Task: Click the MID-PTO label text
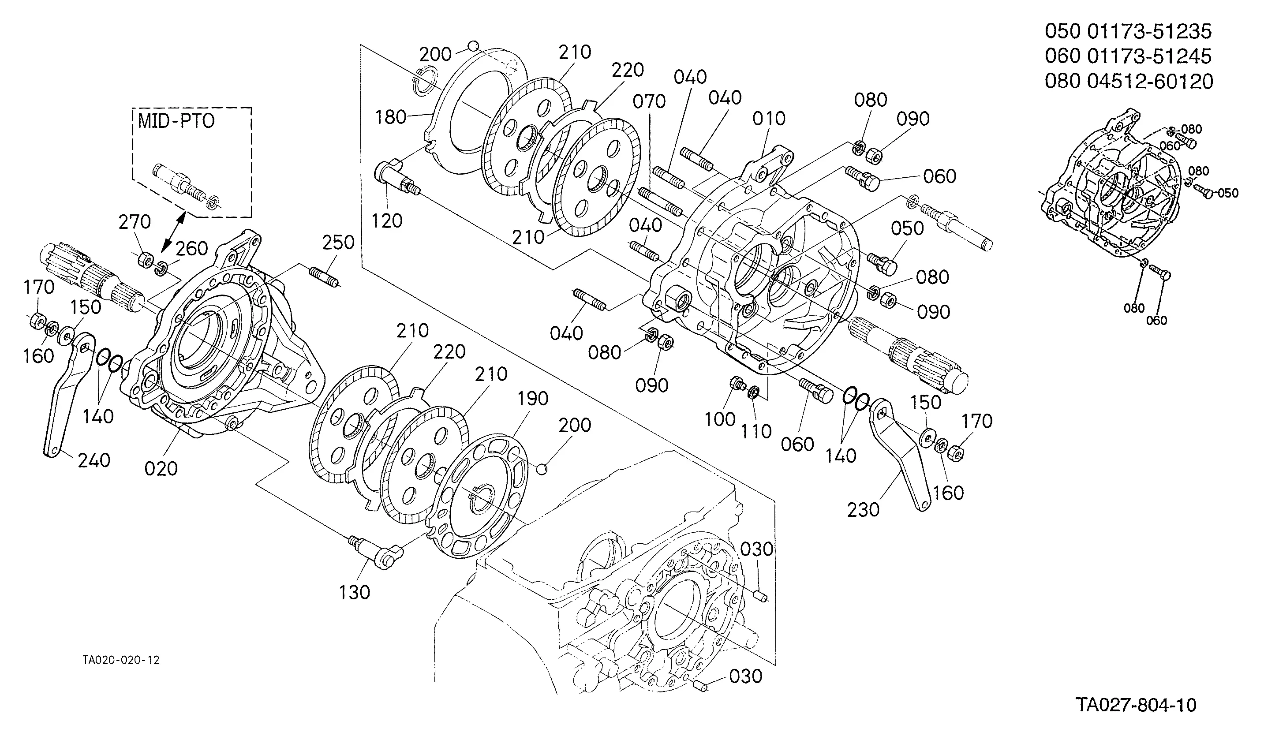(x=176, y=121)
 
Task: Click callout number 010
(x=769, y=119)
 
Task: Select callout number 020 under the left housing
(x=161, y=469)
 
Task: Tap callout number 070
(x=649, y=102)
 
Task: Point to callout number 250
(x=338, y=243)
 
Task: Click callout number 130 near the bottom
(x=354, y=592)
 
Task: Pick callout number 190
(x=533, y=399)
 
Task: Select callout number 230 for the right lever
(x=863, y=510)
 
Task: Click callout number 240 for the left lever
(x=94, y=460)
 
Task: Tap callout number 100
(x=720, y=418)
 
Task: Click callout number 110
(x=756, y=431)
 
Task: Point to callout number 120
(x=387, y=220)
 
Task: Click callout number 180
(x=391, y=117)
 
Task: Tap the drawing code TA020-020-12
(x=121, y=660)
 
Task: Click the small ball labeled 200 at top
(x=472, y=47)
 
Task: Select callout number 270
(x=135, y=222)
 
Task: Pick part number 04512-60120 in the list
(x=1150, y=81)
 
